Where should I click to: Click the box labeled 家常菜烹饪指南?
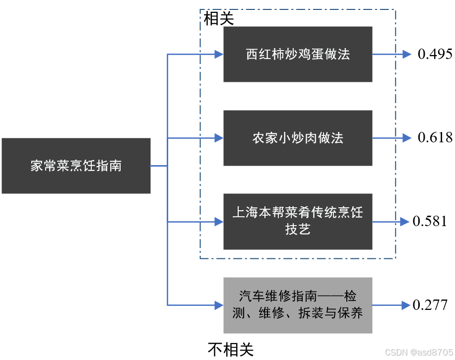tap(76, 166)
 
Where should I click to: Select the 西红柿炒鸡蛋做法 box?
tap(298, 54)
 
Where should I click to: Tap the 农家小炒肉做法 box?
tap(298, 138)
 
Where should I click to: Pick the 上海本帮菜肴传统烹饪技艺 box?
tap(298, 221)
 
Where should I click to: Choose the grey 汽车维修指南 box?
tap(298, 305)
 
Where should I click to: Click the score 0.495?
tap(435, 54)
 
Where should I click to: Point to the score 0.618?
tap(435, 137)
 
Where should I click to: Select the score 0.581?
tap(430, 221)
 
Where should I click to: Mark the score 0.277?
tap(430, 305)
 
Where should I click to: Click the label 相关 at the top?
tap(218, 19)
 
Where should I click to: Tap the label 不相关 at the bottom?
tap(230, 350)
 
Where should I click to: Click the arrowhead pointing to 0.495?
tap(407, 54)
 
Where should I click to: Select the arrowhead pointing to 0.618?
tap(407, 138)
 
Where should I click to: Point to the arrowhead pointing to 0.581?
tap(402, 222)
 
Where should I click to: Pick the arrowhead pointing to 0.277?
tap(402, 305)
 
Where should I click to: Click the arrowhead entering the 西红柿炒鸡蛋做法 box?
tap(218, 54)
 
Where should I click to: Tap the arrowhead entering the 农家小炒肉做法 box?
tap(218, 138)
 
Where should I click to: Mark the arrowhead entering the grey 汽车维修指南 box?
tap(218, 304)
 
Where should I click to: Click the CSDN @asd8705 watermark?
tap(418, 352)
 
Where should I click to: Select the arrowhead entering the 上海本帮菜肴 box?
tap(218, 222)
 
